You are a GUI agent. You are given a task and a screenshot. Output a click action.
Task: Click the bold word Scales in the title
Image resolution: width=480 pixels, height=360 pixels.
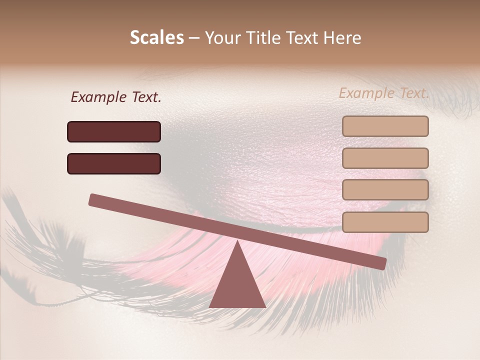point(156,38)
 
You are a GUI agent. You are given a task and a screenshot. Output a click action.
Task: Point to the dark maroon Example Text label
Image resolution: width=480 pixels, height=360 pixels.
point(115,97)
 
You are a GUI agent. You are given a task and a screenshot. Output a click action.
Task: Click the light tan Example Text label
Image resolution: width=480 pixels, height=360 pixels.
point(384,93)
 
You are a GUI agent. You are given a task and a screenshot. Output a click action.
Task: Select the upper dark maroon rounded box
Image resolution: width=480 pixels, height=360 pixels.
point(114,131)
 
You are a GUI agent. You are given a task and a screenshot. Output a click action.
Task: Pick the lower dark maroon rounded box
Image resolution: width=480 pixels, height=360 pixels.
point(114,163)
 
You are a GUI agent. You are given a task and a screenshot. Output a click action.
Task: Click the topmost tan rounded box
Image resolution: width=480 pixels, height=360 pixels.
point(385,126)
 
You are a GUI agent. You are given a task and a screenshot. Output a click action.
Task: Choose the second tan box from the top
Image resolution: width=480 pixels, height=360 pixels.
point(385,158)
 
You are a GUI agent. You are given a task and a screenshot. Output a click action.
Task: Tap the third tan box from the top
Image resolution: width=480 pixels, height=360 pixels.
point(385,190)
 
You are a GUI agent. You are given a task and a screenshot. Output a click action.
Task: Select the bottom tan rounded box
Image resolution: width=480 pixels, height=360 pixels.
point(385,222)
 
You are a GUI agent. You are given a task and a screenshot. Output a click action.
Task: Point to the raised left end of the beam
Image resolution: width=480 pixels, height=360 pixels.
point(95,199)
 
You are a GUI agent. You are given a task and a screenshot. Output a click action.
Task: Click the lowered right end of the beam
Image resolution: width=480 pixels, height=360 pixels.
point(380,263)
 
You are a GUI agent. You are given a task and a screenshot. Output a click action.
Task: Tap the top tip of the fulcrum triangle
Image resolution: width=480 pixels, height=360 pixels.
point(237,242)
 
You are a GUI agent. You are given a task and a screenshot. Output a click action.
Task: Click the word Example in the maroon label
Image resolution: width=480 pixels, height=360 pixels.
point(98,97)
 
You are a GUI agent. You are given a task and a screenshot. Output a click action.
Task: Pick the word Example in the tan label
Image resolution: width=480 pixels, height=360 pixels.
point(366,93)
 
